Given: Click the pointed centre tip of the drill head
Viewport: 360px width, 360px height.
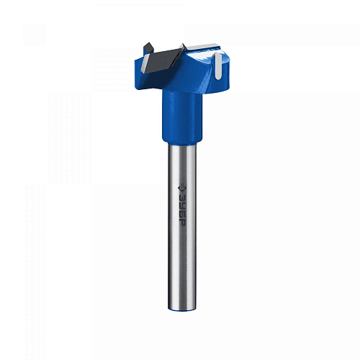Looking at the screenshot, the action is [x=183, y=45].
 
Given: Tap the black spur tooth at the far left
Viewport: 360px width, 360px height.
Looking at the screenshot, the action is [x=148, y=48].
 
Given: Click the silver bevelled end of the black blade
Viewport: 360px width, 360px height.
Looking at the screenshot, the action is [x=145, y=63].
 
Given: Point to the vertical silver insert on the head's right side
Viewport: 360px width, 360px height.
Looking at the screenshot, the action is [x=218, y=66].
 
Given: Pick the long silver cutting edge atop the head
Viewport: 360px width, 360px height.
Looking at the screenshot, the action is [x=203, y=46].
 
